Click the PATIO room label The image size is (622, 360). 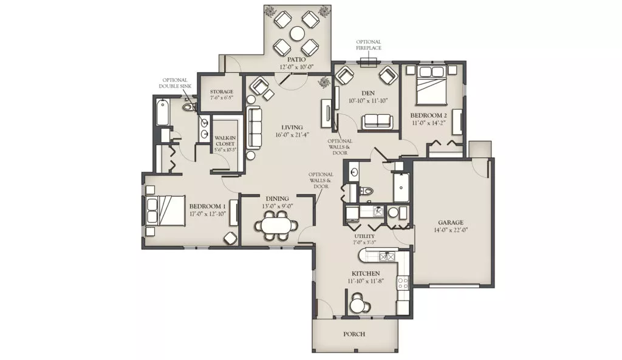click(296, 59)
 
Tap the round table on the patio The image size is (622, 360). click(297, 34)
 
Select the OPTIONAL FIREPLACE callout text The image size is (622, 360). click(369, 45)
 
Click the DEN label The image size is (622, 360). click(365, 93)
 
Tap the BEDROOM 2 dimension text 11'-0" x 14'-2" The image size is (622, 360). click(428, 123)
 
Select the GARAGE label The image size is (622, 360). click(451, 222)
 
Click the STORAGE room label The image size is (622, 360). click(221, 92)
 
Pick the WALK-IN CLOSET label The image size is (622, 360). click(225, 141)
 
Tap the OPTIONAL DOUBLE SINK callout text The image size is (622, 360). click(175, 83)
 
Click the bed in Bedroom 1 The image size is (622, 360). click(166, 211)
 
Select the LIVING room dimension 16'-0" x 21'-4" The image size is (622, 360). click(292, 134)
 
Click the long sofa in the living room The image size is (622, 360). click(255, 127)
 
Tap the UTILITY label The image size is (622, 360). click(364, 236)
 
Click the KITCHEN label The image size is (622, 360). click(366, 274)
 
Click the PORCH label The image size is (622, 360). click(354, 335)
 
